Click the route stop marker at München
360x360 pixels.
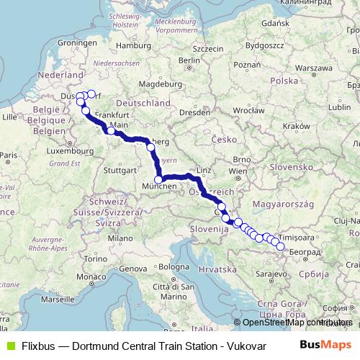pos(158,180)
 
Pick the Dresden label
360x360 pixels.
pos(194,112)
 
